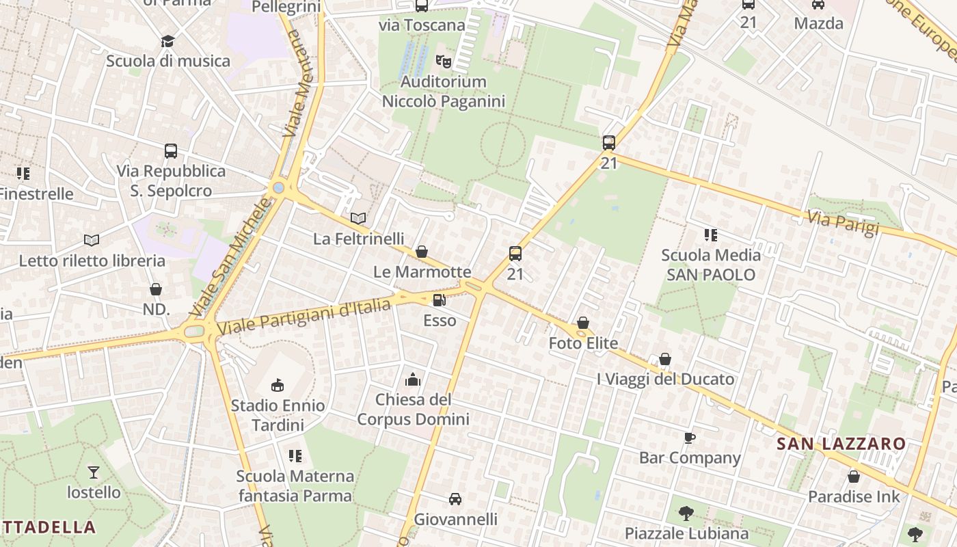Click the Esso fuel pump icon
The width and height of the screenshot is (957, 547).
pos(439,299)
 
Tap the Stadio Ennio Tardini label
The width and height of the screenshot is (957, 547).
pos(278,415)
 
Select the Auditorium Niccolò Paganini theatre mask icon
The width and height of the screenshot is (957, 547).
pos(444,62)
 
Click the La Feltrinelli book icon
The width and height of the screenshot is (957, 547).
pos(358,218)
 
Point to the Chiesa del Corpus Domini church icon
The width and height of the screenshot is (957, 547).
pos(413,379)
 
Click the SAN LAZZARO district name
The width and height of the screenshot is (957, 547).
pos(841,444)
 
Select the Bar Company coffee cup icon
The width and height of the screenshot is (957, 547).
pos(690,438)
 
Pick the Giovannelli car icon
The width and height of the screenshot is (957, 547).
pos(455,499)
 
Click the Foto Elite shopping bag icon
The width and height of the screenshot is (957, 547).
pos(583,323)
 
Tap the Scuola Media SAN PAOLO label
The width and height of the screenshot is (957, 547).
pos(711,265)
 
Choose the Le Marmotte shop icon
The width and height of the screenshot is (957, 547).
pos(422,252)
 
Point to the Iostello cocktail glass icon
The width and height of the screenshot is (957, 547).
pos(94,472)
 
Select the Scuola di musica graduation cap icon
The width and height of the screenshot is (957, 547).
pos(168,41)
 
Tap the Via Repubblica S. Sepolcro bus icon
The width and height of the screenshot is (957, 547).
pos(171,150)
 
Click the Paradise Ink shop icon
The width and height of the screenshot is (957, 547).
pos(854,477)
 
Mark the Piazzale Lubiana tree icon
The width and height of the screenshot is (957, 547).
pos(686,513)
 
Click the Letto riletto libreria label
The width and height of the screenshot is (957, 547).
pos(92,261)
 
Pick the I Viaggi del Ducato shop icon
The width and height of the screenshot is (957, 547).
pos(665,359)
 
